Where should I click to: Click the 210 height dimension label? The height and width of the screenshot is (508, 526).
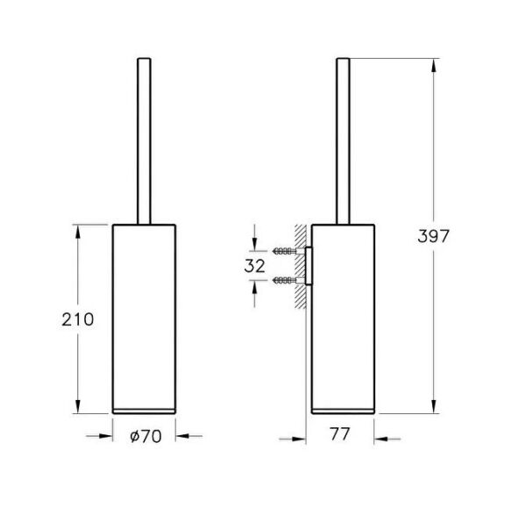pyautogui.click(x=77, y=319)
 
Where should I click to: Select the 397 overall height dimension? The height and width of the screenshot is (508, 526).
pyautogui.click(x=433, y=236)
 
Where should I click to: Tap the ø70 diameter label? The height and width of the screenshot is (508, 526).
pyautogui.click(x=146, y=436)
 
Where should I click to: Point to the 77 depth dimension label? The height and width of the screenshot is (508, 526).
pyautogui.click(x=340, y=433)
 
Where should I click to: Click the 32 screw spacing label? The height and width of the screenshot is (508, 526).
pyautogui.click(x=254, y=266)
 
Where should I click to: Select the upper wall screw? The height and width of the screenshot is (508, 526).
pyautogui.click(x=284, y=251)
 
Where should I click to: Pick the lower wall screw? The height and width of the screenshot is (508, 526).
pyautogui.click(x=284, y=280)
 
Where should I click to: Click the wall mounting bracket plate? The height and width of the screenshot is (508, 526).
pyautogui.click(x=309, y=266)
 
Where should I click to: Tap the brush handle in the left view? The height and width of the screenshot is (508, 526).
pyautogui.click(x=144, y=141)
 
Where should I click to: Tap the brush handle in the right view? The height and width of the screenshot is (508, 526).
pyautogui.click(x=343, y=141)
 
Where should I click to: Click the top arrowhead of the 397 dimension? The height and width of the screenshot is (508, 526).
pyautogui.click(x=434, y=65)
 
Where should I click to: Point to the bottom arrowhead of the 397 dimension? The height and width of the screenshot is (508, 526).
pyautogui.click(x=434, y=406)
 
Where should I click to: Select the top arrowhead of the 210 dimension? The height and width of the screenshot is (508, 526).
pyautogui.click(x=78, y=232)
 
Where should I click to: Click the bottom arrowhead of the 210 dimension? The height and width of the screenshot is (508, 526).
pyautogui.click(x=78, y=406)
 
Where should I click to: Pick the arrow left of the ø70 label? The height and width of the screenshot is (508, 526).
pyautogui.click(x=99, y=436)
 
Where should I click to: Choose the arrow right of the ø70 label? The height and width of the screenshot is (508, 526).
pyautogui.click(x=188, y=436)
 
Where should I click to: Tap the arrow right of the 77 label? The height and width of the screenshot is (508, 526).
pyautogui.click(x=387, y=439)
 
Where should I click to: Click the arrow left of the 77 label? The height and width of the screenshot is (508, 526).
pyautogui.click(x=293, y=439)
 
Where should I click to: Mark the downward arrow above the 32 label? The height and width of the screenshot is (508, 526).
pyautogui.click(x=254, y=238)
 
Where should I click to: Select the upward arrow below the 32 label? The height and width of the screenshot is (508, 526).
pyautogui.click(x=254, y=294)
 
